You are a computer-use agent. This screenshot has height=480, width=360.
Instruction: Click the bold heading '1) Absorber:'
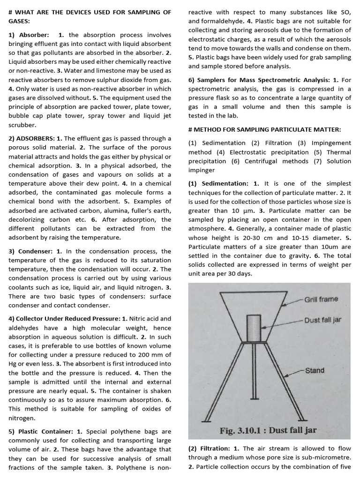[x=29, y=35]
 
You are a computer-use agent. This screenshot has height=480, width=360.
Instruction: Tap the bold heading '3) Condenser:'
[x=31, y=251]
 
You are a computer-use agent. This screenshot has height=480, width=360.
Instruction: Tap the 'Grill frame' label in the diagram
[x=321, y=299]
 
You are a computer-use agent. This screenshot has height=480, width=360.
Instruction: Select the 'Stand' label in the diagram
[x=315, y=370]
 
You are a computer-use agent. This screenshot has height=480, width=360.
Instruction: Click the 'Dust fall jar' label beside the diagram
[x=323, y=321]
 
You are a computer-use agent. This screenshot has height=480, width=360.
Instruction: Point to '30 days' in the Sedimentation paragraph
[x=240, y=274]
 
